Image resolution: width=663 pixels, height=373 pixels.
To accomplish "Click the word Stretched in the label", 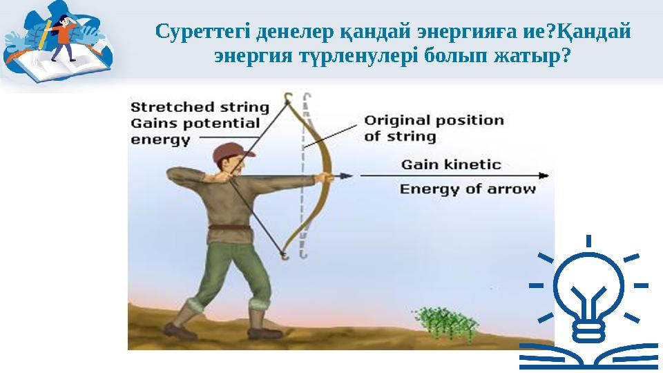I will click(162, 107).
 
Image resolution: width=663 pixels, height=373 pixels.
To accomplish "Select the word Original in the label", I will click(396, 120).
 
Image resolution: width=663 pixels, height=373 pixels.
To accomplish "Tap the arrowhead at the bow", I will click(344, 175).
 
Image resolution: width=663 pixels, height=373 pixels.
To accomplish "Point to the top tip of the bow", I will click(289, 95).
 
